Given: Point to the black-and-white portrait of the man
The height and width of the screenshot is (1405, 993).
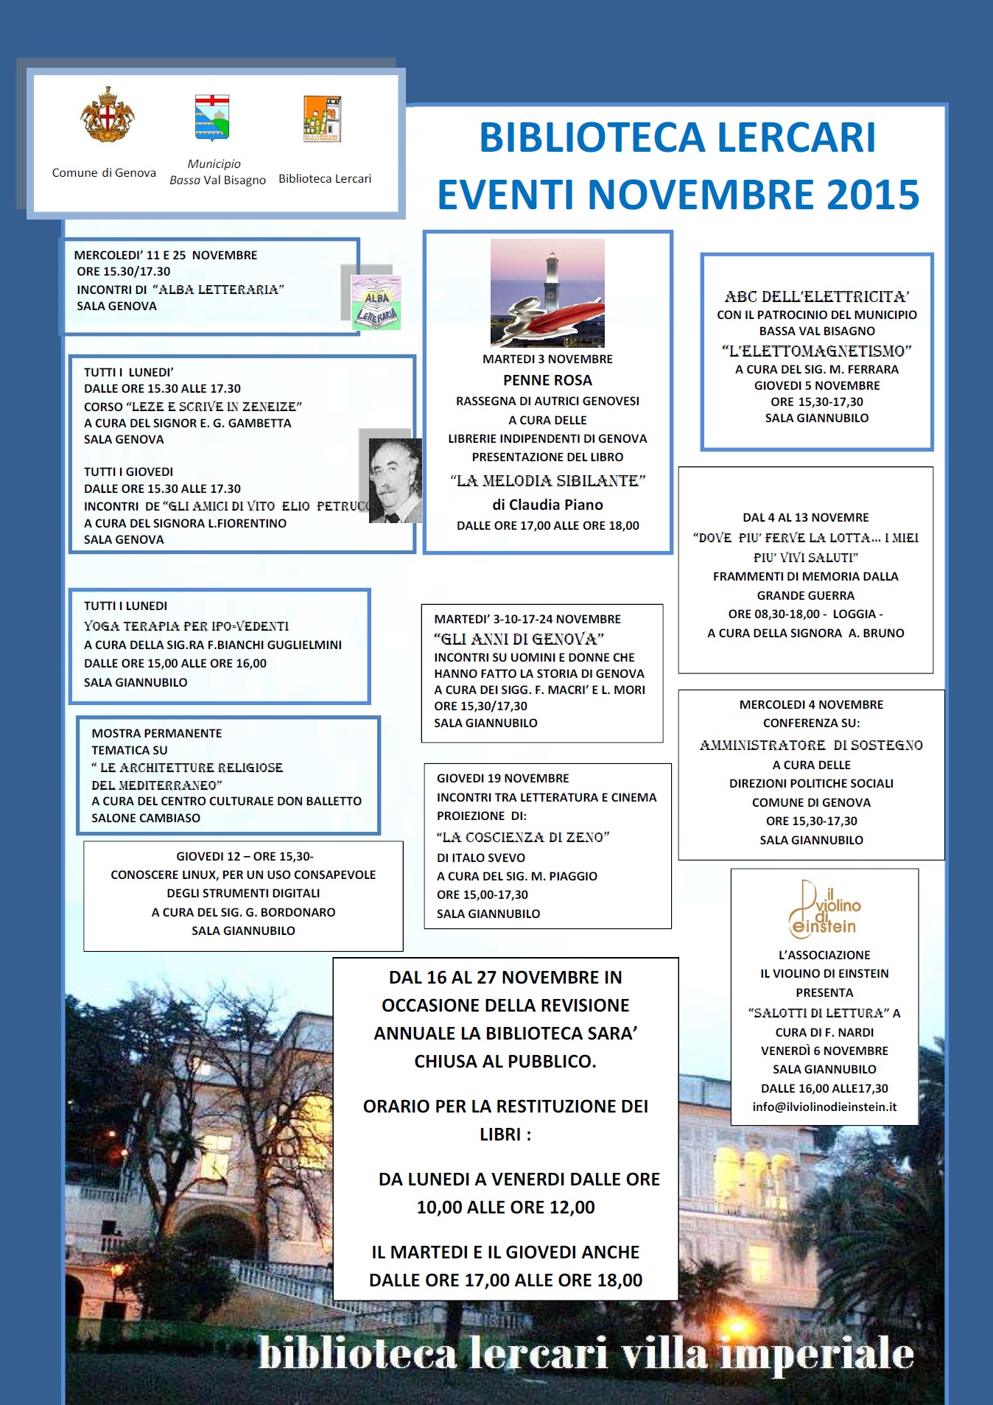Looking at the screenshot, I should point(394,480).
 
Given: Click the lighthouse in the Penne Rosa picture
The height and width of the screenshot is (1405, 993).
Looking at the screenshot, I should point(550,283).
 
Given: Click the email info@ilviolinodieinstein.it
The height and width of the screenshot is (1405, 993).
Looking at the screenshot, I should point(824,1107).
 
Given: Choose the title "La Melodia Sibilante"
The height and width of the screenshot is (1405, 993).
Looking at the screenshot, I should point(547,481).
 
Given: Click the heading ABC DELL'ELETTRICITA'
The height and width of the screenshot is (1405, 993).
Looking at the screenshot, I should point(817,297).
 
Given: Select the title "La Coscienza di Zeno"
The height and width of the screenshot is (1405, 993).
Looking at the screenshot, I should point(523,837).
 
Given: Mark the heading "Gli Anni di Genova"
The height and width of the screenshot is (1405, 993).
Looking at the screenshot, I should point(519,639).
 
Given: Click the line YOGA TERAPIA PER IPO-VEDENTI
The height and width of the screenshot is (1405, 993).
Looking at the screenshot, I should point(186,626).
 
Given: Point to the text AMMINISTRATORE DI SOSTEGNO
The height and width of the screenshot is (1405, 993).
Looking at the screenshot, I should point(811,746).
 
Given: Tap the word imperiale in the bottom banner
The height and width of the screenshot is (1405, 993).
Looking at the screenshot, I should point(818,1354).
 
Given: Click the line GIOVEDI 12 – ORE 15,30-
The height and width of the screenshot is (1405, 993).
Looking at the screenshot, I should point(245,856).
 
